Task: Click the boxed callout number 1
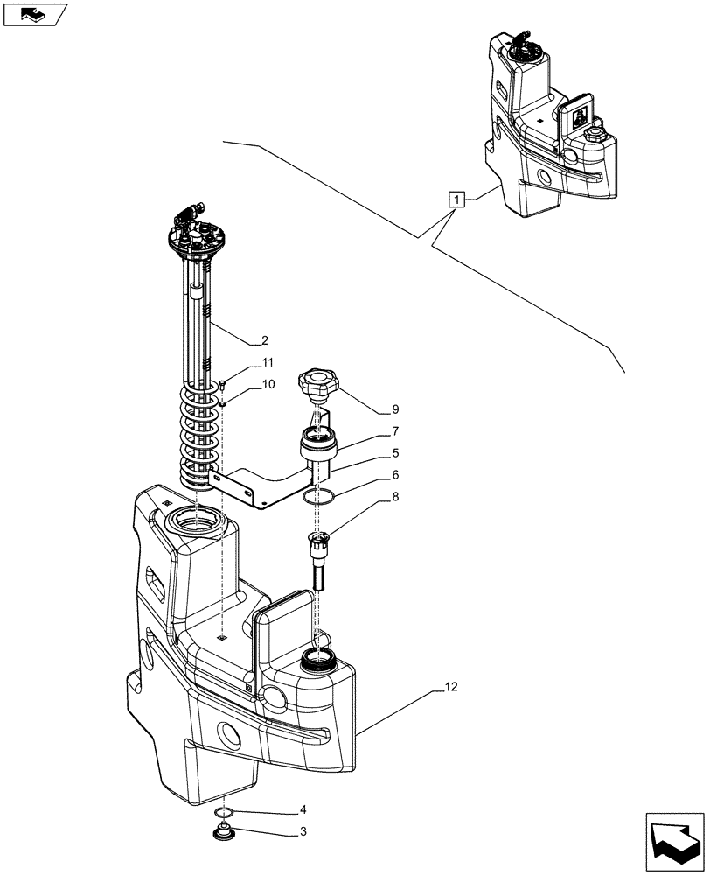[x=455, y=199]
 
